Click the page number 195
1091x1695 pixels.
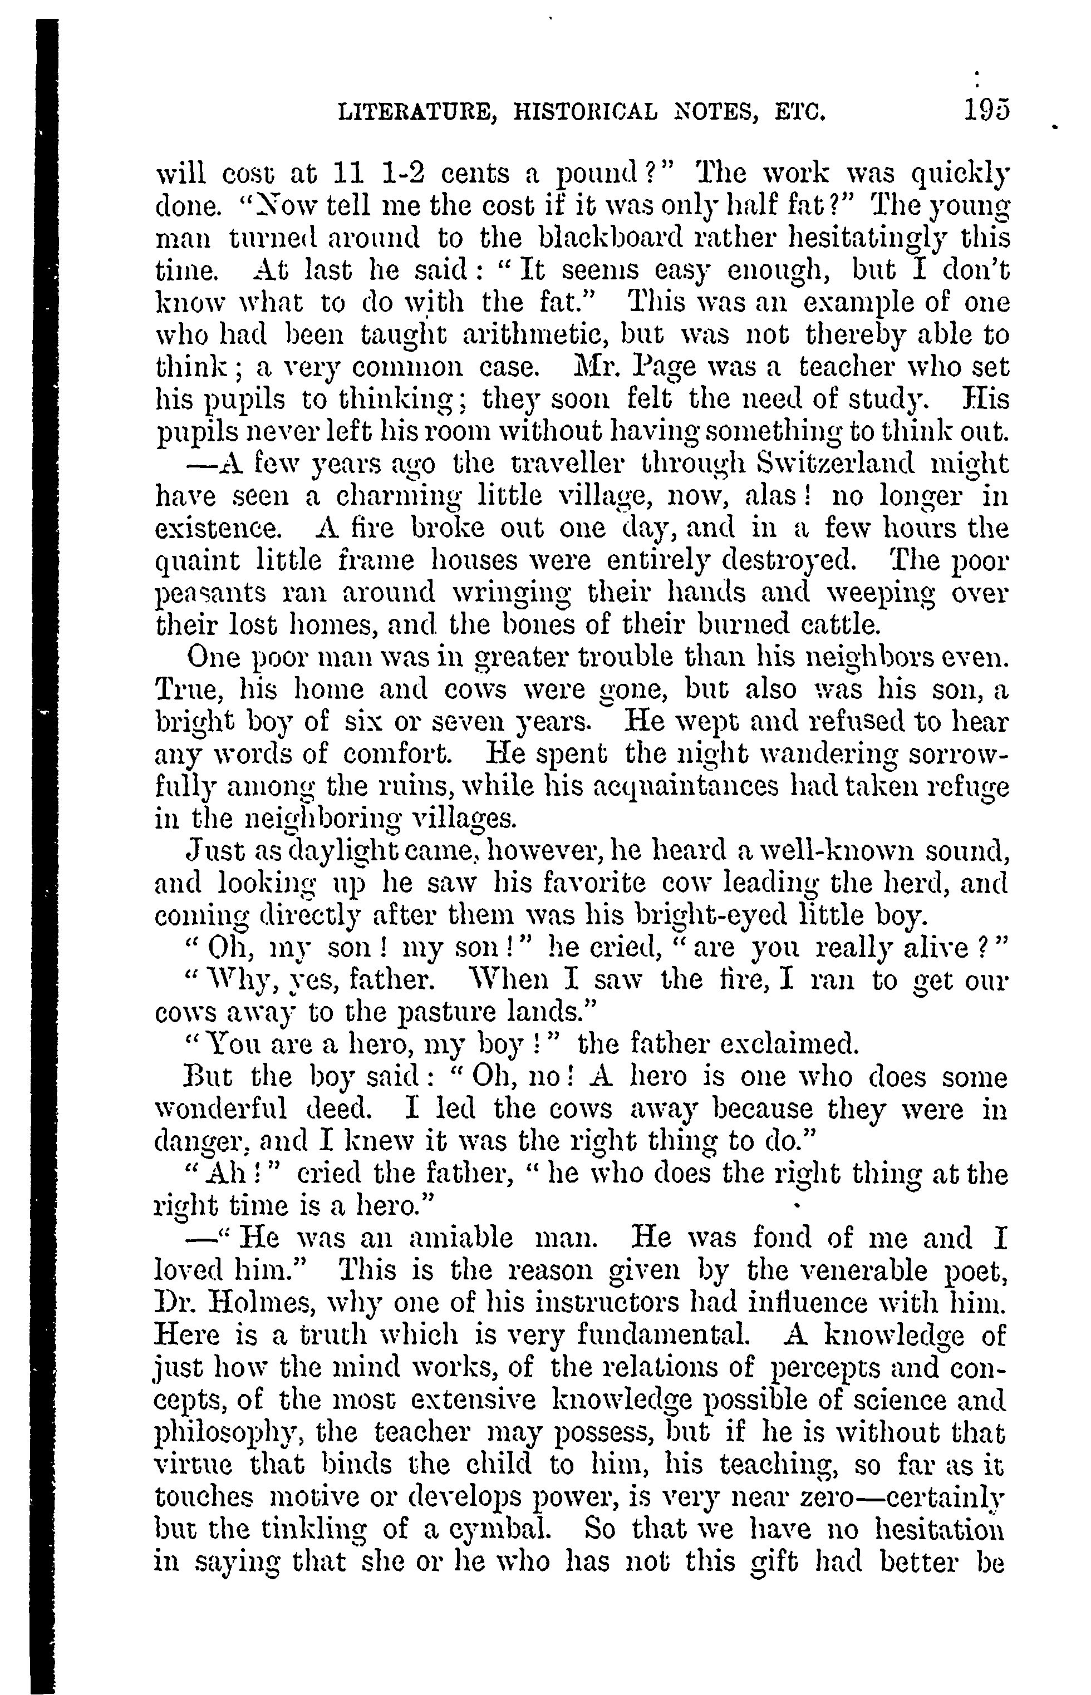pos(985,111)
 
